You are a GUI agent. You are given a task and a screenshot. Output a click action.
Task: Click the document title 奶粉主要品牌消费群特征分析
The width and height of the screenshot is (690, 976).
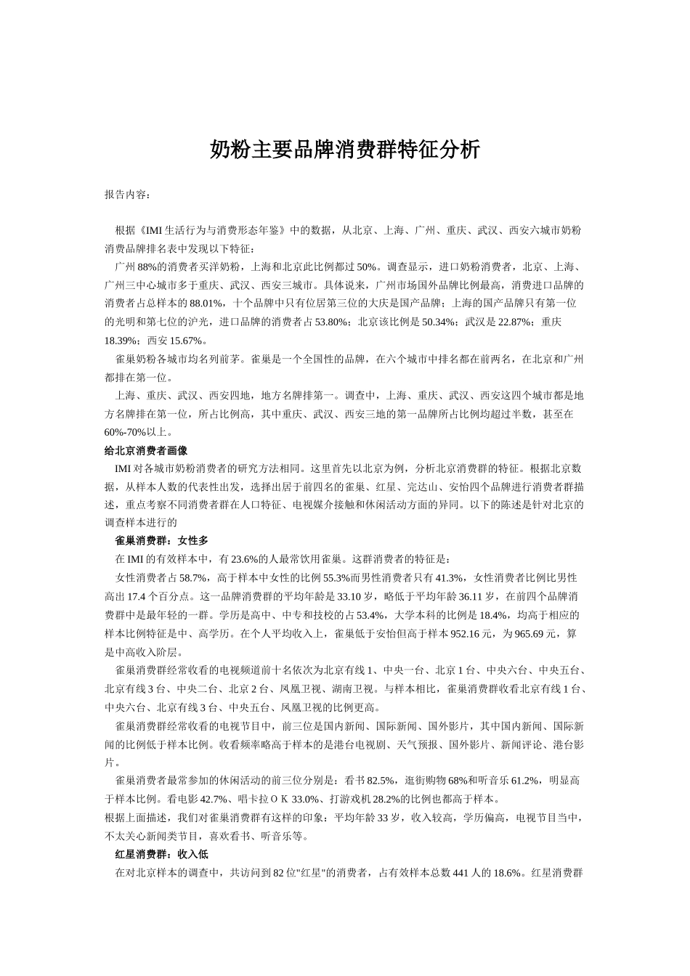(x=345, y=150)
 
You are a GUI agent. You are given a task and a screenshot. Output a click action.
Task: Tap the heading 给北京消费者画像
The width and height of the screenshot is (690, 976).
(x=146, y=450)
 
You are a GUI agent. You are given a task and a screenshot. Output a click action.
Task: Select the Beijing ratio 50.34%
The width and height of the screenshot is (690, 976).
(x=438, y=322)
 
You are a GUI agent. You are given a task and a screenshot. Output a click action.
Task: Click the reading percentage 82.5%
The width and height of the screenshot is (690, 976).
(x=381, y=781)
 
